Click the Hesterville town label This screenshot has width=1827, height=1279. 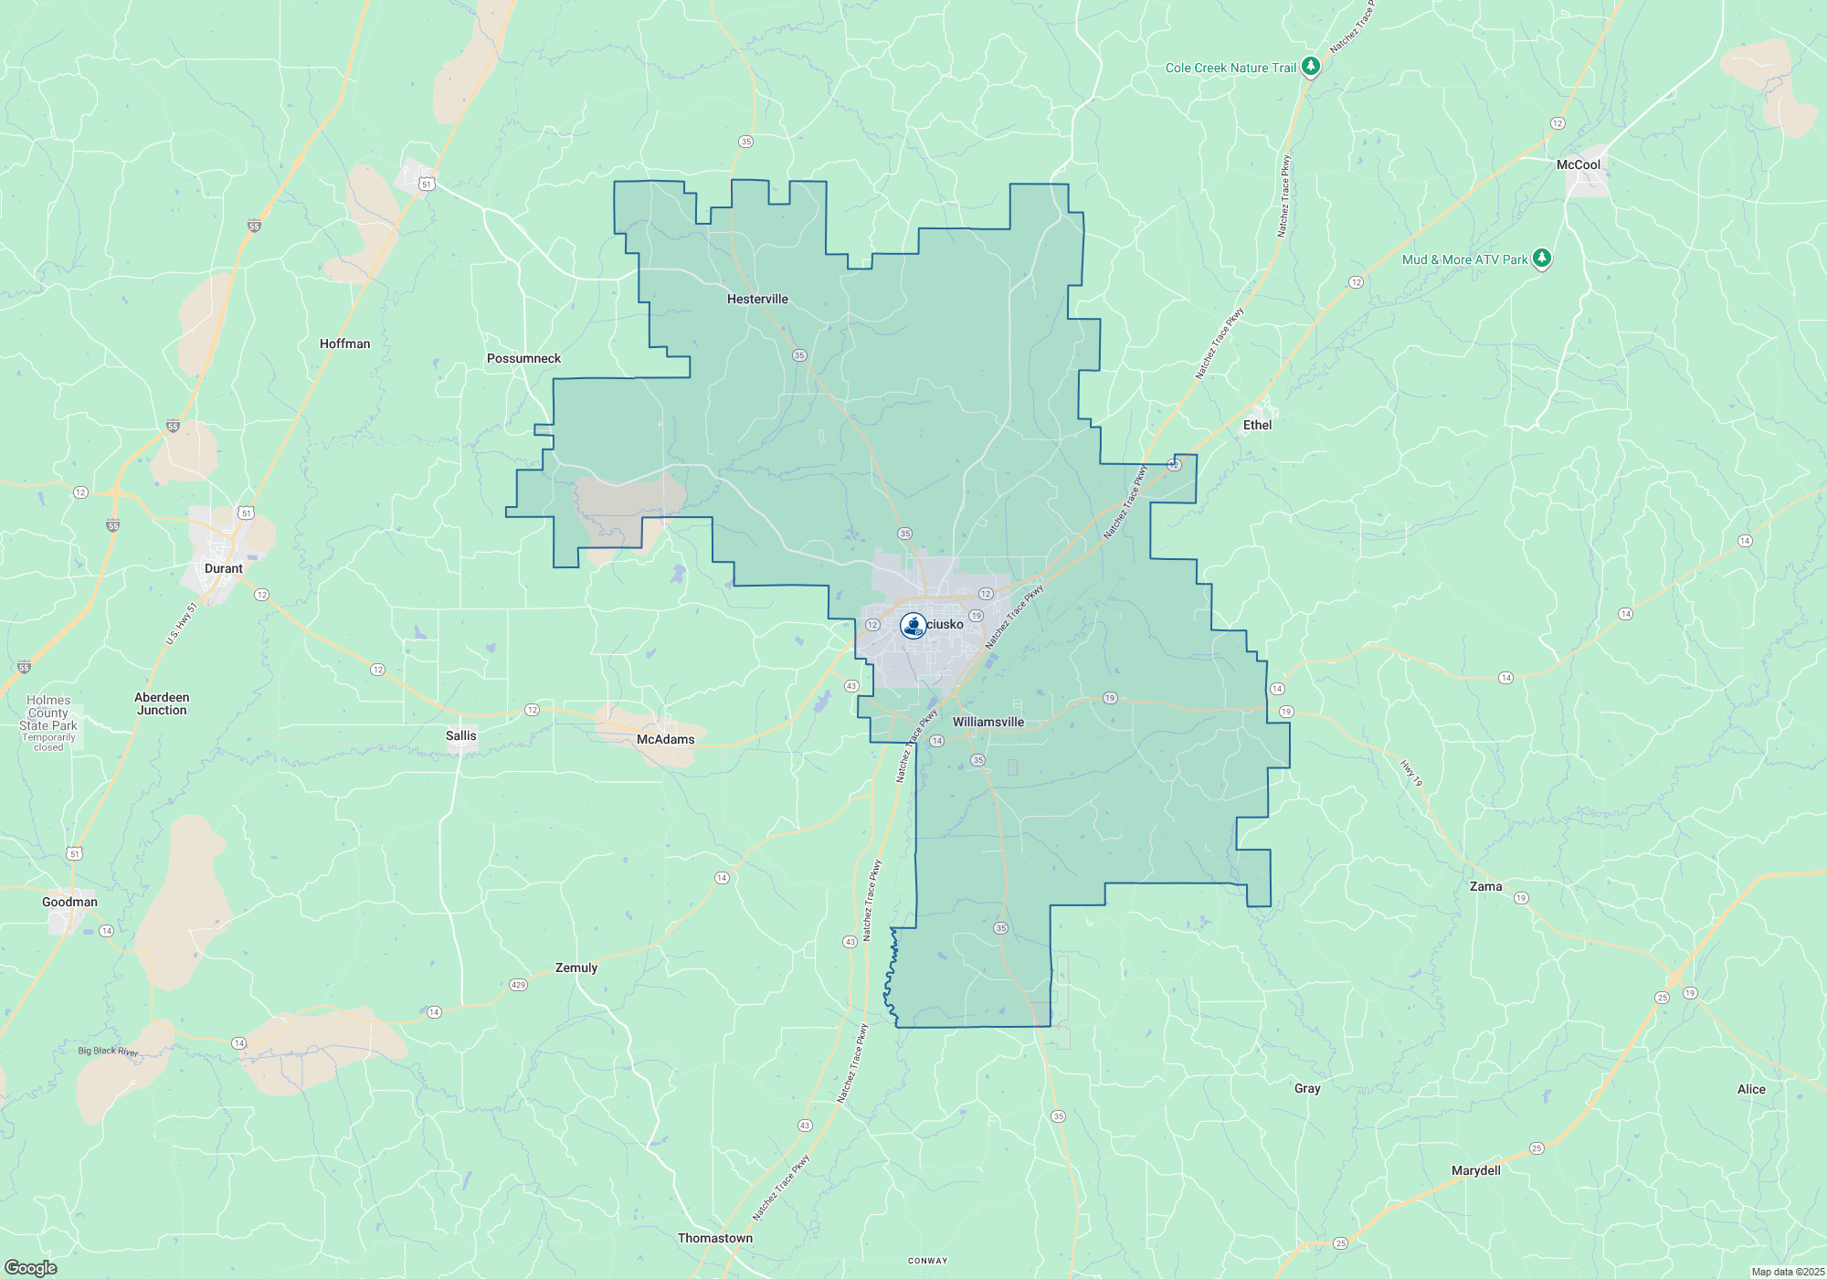click(x=757, y=299)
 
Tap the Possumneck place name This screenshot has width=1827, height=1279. click(x=523, y=358)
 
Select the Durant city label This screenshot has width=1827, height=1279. click(x=224, y=568)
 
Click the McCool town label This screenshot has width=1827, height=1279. click(x=1579, y=164)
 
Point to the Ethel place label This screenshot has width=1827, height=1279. click(x=1257, y=425)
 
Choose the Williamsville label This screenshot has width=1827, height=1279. click(x=988, y=722)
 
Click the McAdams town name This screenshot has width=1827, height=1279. click(x=665, y=739)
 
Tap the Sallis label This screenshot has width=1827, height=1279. click(x=461, y=735)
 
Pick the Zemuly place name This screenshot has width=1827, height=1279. click(x=576, y=967)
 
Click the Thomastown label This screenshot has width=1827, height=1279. click(x=715, y=1238)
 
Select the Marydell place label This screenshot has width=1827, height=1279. click(x=1476, y=1170)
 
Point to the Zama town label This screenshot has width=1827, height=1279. click(x=1485, y=886)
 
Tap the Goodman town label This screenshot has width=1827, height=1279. click(x=69, y=902)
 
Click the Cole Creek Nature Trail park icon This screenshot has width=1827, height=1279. click(x=1311, y=67)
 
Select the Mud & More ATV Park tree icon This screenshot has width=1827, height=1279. click(x=1542, y=259)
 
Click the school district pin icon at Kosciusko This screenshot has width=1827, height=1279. click(x=913, y=625)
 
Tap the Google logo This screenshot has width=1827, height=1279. click(x=31, y=1268)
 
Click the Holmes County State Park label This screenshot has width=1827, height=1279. click(x=48, y=719)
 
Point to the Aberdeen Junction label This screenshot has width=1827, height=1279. click(x=162, y=703)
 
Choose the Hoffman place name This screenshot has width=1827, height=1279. click(x=345, y=344)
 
